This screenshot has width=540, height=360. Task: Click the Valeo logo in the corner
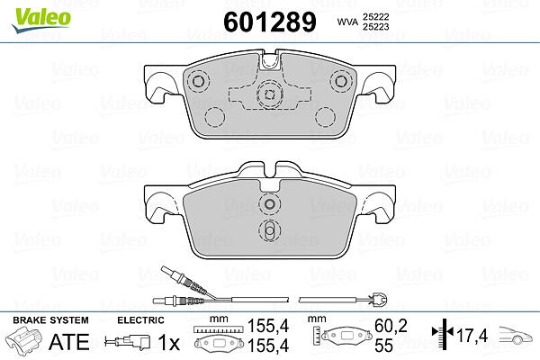pos(41,21)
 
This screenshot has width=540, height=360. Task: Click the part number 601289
pos(270,22)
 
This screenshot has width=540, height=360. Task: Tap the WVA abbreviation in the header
pos(347,22)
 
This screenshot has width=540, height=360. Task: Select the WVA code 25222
pos(375,16)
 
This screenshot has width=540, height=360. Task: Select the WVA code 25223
pos(375,27)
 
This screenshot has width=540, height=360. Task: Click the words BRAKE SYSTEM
pos(50,320)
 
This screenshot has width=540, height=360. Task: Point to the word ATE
pos(69,342)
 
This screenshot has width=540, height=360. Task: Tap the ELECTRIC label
pos(140,320)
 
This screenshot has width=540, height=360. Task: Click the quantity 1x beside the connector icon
pos(169,342)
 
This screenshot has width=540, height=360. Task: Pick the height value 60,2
pos(391,326)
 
